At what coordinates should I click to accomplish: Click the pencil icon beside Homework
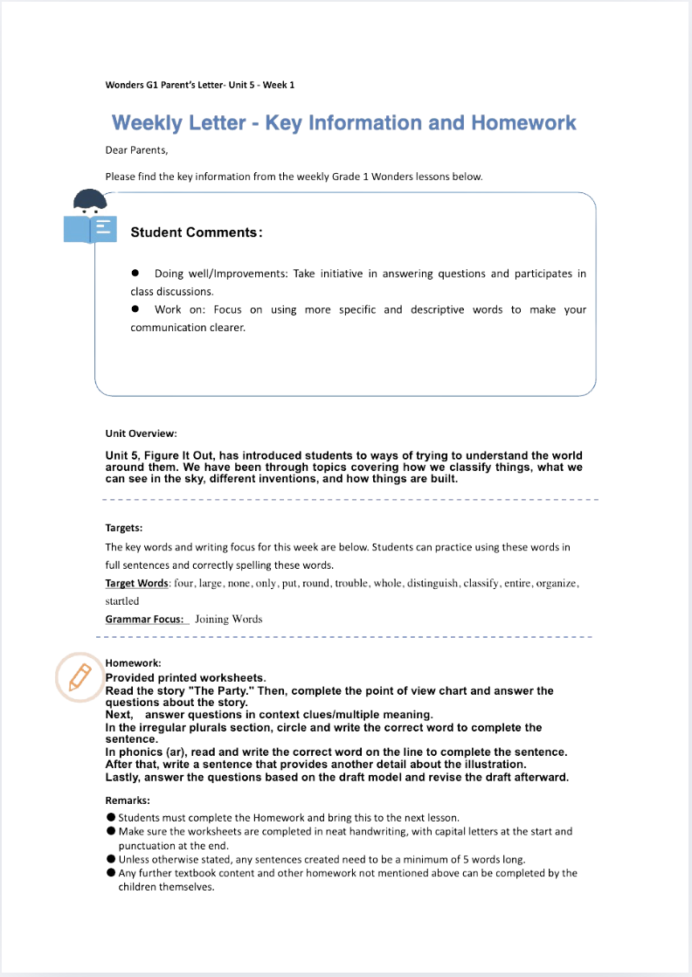80,676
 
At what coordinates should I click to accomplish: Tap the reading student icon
90,217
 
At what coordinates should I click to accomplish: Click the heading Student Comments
196,232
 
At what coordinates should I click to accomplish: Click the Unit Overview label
142,433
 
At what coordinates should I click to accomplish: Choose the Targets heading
124,528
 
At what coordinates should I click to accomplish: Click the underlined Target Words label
136,583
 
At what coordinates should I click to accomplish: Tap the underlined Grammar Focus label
145,619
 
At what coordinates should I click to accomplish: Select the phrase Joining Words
228,619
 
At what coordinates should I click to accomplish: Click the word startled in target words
122,601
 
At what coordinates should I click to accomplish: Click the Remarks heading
128,800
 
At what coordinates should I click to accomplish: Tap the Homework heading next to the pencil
133,663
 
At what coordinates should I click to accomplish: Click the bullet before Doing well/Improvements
135,274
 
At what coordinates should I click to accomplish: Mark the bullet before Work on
135,309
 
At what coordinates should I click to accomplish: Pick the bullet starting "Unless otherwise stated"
112,859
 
